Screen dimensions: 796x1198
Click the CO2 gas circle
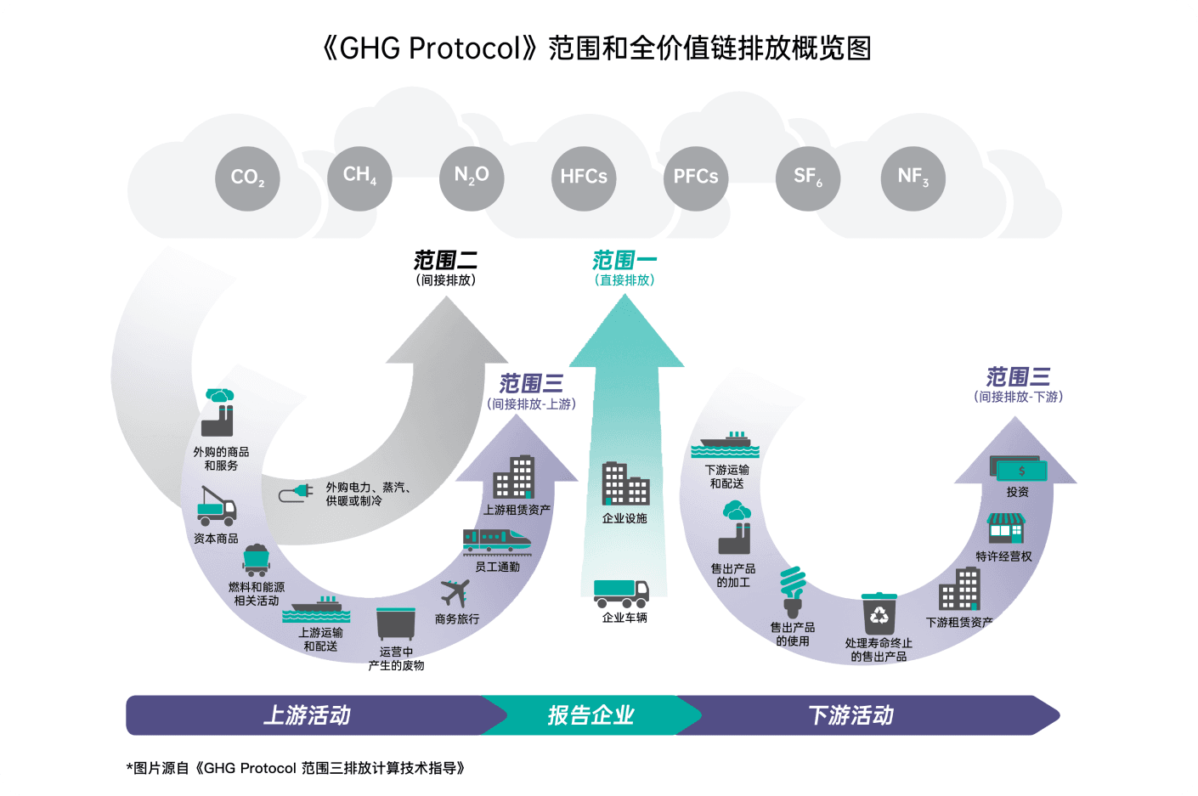[x=247, y=178]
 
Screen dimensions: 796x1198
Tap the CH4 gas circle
[x=359, y=178]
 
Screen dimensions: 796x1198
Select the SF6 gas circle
[x=808, y=178]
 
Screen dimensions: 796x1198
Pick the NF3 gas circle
[x=913, y=178]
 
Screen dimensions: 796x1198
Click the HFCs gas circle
[x=584, y=178]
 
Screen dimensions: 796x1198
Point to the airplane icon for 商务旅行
[x=455, y=593]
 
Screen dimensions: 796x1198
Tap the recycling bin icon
[x=879, y=613]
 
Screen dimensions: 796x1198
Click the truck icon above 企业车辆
[x=621, y=593]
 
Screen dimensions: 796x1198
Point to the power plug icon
[x=296, y=493]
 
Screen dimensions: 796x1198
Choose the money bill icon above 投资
[x=1018, y=468]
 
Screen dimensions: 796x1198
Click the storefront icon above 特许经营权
[x=1006, y=528]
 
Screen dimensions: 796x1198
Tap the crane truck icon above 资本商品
[x=216, y=506]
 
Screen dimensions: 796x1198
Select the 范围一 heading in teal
[x=624, y=260]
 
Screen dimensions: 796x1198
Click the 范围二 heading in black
[x=446, y=260]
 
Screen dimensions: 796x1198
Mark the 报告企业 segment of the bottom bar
[x=591, y=715]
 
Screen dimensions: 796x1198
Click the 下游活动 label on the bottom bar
[x=851, y=715]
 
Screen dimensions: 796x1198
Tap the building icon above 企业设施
[x=625, y=484]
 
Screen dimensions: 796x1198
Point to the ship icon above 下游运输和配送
[x=725, y=444]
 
